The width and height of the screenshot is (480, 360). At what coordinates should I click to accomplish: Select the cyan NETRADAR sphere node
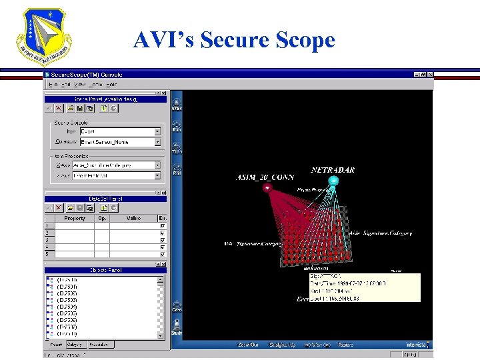click(334, 181)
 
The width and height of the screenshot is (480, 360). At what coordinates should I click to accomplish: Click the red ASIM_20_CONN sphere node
click(267, 187)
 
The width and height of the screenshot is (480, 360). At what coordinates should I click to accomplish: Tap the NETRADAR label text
click(333, 170)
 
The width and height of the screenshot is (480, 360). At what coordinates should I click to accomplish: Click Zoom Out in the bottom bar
click(247, 345)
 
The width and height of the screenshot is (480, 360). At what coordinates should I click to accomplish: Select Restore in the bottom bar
click(345, 345)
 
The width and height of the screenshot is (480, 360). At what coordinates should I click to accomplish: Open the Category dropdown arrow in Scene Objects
click(158, 142)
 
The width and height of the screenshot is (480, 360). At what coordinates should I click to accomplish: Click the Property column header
click(74, 218)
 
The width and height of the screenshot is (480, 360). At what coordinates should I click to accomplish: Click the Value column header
click(133, 218)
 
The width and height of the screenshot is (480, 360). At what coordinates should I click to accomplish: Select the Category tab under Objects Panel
click(75, 345)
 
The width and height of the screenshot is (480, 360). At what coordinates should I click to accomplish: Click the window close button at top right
click(429, 75)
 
